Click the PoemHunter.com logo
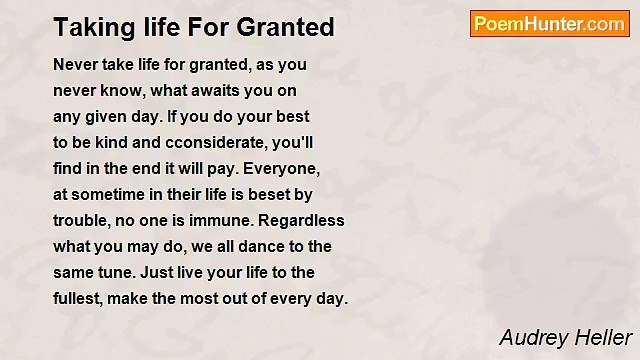[548, 24]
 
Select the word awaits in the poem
[195, 90]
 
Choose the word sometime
[109, 193]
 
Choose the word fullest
[78, 298]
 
